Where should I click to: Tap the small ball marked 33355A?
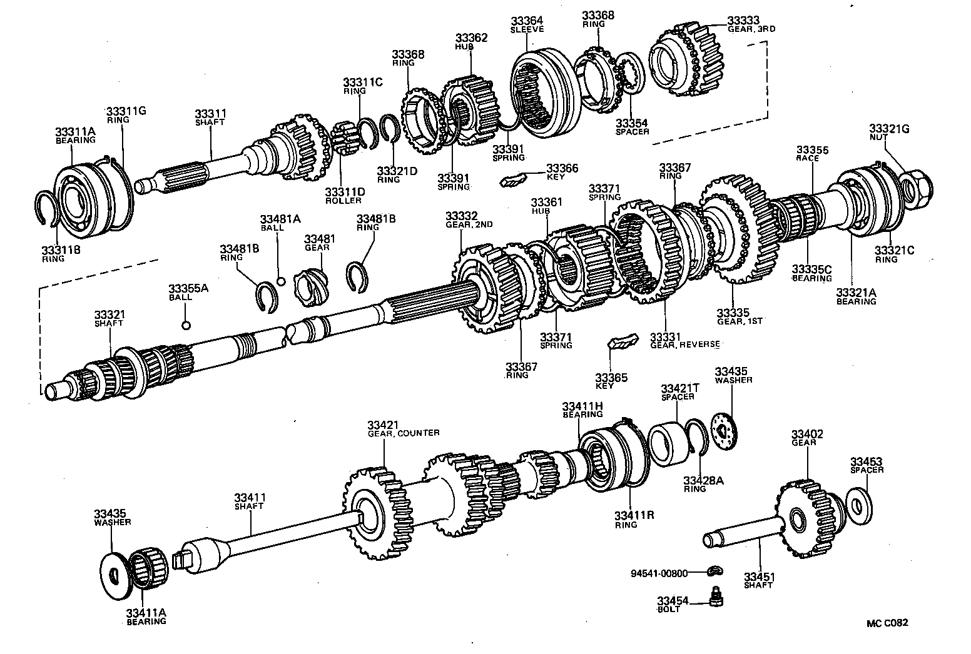point(185,324)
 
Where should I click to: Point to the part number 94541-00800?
point(659,572)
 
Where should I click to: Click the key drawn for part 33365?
point(623,342)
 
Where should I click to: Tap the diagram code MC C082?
point(887,623)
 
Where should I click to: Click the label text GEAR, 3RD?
point(751,29)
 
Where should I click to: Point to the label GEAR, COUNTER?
point(403,433)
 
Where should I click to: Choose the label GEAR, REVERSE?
point(685,345)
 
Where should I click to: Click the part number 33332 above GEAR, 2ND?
point(461,215)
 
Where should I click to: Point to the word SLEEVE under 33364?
point(527,29)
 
